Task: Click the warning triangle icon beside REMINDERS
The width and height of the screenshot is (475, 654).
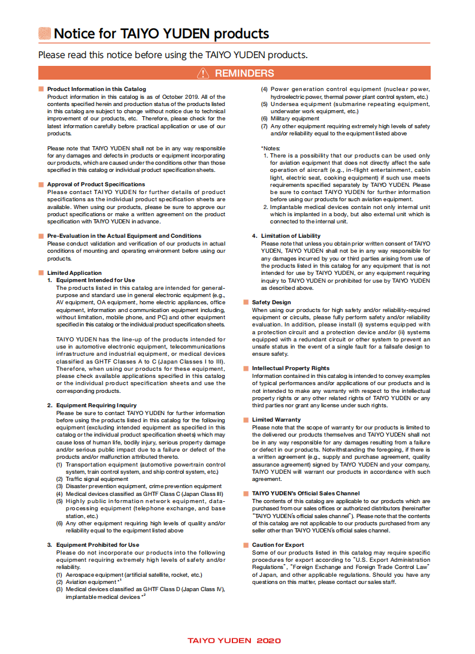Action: click(x=204, y=73)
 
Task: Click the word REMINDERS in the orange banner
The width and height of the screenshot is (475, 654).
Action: click(x=244, y=73)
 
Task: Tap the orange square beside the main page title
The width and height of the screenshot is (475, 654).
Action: click(x=44, y=34)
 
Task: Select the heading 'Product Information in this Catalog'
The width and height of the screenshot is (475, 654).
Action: click(x=96, y=89)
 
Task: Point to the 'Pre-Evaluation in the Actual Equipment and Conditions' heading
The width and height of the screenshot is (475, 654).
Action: click(x=124, y=236)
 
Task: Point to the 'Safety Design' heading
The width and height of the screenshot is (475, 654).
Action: click(x=271, y=302)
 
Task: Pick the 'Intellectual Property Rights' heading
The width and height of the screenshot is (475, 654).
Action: click(x=291, y=368)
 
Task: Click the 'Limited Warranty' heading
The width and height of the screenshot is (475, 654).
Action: click(x=276, y=420)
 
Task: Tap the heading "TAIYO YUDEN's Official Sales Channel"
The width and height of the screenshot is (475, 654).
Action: click(x=305, y=493)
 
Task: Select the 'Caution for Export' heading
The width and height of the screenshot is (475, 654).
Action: click(x=278, y=545)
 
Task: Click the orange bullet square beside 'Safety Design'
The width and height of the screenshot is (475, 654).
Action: click(x=246, y=302)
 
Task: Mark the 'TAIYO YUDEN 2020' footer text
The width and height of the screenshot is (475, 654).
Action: click(x=234, y=640)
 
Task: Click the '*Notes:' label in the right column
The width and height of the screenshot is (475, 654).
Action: click(x=271, y=148)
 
